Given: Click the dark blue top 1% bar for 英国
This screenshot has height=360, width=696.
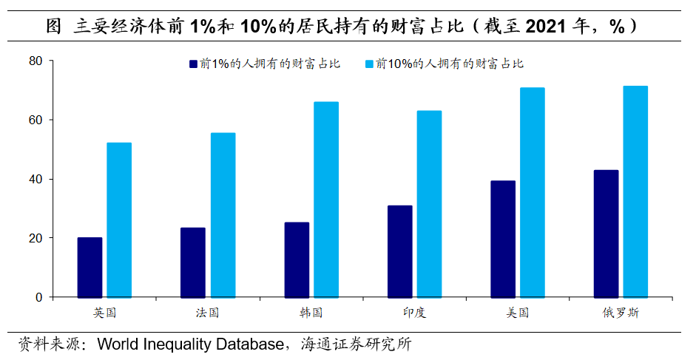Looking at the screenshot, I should pos(89,267).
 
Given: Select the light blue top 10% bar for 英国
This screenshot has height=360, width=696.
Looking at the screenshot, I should pos(119,220).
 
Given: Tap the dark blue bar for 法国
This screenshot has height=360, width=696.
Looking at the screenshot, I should pos(193,262).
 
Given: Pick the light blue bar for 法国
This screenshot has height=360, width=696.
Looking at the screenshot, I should pos(223,215).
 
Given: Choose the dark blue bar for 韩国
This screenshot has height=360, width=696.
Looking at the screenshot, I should pos(297,259).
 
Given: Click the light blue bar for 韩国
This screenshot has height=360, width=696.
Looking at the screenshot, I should pos(326,200).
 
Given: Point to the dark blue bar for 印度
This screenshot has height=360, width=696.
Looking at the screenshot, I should pos(399,251).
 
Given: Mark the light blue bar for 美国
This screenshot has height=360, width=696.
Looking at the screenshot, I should pos(532,192).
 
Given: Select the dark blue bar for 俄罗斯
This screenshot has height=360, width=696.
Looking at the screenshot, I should pos(606,234).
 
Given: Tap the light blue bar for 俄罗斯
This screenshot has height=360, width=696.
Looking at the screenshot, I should pos(635,191).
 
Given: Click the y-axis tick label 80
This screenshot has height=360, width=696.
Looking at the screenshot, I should pos(36,61).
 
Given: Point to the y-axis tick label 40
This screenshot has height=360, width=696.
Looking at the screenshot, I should pos(36,179).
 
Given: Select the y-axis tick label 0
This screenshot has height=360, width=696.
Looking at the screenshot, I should pos(40,297).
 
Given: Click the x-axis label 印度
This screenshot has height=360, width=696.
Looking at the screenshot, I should pos(414,313).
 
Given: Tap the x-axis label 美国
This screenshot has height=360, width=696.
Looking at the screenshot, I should pos(518,313).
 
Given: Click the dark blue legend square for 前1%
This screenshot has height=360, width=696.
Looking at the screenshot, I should pos(193,64).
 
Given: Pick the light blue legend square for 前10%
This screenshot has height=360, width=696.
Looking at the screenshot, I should pos(369,64).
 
